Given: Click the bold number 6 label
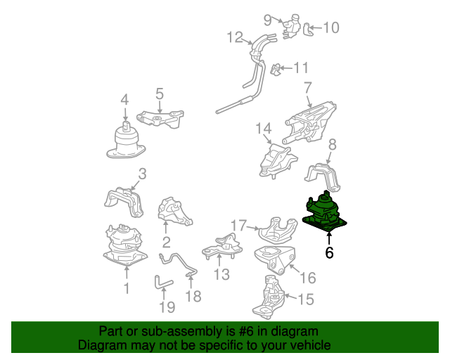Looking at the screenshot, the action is (x=329, y=252).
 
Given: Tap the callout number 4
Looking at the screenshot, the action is (x=124, y=100).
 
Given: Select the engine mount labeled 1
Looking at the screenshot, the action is (x=125, y=245).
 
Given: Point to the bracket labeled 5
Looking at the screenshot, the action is (x=160, y=118).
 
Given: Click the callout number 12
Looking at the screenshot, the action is (x=235, y=37).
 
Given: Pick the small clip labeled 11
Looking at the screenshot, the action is (x=275, y=70).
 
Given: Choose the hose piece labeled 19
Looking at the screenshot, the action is (x=162, y=282).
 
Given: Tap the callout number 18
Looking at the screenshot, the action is (x=193, y=296).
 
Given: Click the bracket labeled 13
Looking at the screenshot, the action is (x=222, y=246).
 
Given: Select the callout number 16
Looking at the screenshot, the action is (x=308, y=278).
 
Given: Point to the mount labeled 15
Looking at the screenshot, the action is (x=269, y=297).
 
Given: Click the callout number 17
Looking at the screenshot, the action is (x=239, y=226).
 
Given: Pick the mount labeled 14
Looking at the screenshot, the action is (x=277, y=160).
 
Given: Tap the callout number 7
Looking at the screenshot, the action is (x=307, y=88).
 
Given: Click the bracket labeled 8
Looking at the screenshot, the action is (x=323, y=176).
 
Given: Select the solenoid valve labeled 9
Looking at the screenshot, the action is (x=290, y=26).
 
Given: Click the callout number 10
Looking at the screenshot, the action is (x=331, y=27).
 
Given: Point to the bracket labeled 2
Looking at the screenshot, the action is (x=174, y=212).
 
